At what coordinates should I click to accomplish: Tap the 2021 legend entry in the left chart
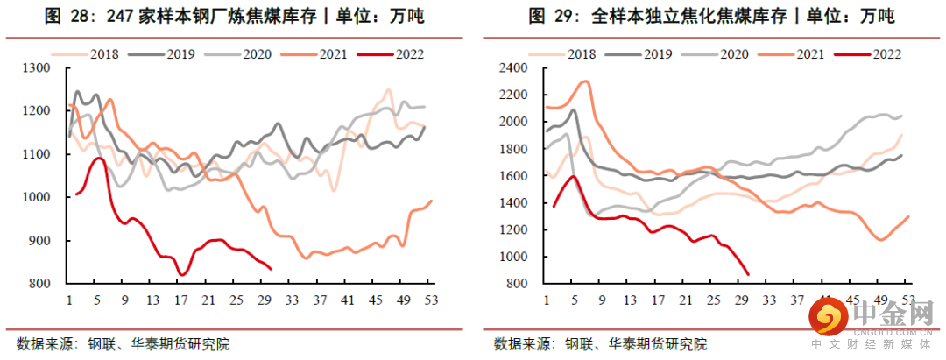click(x=333, y=53)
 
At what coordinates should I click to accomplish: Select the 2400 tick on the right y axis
click(x=513, y=68)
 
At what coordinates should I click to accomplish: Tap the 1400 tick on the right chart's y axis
click(x=513, y=203)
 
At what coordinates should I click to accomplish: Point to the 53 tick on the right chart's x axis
click(x=907, y=300)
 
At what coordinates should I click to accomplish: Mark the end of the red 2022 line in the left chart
click(x=271, y=269)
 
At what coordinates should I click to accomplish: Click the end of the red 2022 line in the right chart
click(x=749, y=274)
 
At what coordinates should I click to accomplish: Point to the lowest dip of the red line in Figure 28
click(x=181, y=275)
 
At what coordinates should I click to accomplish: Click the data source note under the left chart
click(x=123, y=343)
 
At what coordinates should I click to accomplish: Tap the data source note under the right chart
click(x=600, y=343)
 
